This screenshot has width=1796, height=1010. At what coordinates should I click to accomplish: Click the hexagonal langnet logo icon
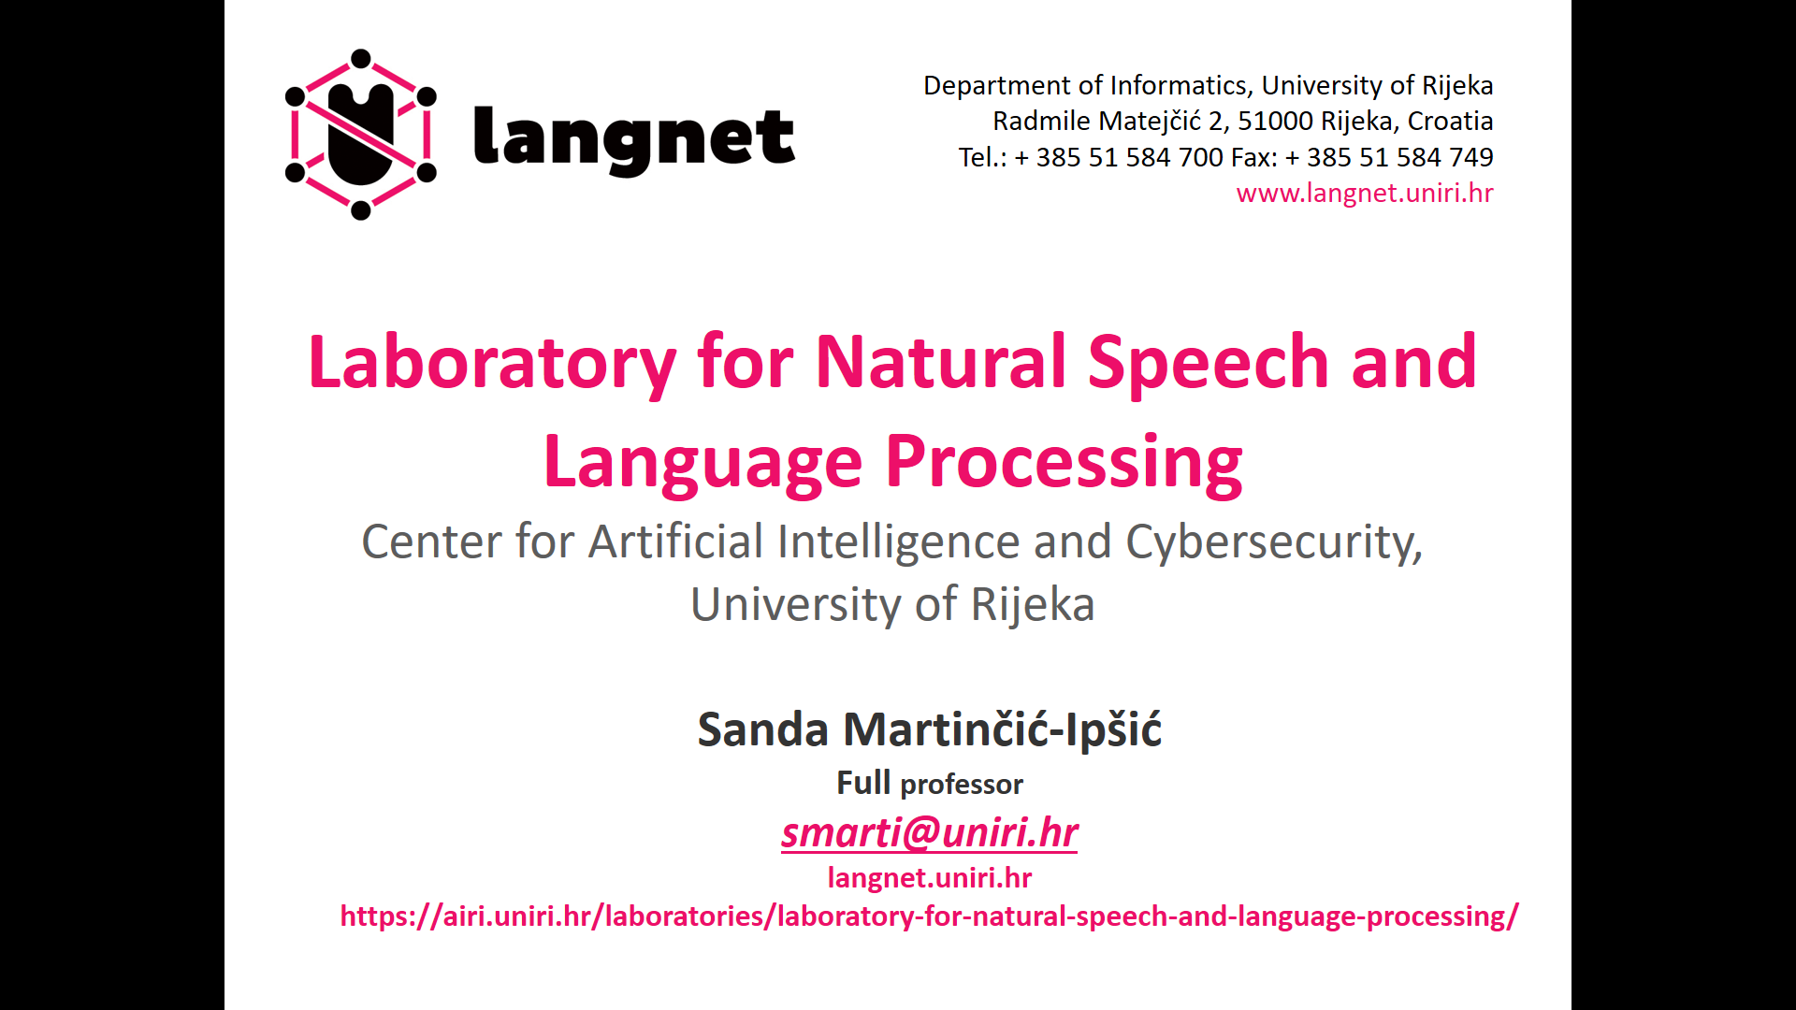click(361, 135)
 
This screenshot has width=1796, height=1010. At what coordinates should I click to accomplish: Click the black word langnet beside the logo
click(634, 139)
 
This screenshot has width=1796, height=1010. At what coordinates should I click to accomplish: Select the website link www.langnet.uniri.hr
click(1365, 193)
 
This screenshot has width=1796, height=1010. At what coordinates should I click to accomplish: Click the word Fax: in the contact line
click(1254, 157)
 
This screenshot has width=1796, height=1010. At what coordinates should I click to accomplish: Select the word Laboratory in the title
click(492, 363)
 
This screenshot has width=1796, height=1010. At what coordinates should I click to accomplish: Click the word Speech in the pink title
click(1208, 363)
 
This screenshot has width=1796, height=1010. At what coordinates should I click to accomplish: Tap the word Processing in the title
click(1065, 462)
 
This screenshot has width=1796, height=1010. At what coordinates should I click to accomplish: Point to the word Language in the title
click(702, 462)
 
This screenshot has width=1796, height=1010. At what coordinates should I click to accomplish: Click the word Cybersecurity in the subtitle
click(1274, 542)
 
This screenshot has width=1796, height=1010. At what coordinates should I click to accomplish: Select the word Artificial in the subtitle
click(676, 541)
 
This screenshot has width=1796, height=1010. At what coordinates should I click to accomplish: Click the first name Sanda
click(762, 729)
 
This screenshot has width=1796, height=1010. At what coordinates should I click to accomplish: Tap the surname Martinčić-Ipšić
click(1002, 729)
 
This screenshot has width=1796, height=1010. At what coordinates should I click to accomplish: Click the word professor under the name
click(962, 784)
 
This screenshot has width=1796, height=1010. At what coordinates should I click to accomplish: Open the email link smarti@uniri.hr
click(930, 832)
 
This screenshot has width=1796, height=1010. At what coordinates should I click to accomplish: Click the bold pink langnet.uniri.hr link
click(930, 877)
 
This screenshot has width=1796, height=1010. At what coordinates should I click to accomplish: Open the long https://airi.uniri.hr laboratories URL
click(929, 916)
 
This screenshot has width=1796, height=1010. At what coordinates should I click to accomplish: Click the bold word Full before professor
click(863, 782)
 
